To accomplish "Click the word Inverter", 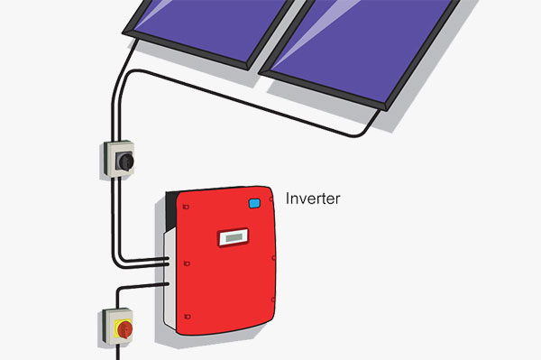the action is point(313,198).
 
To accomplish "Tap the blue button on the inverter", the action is point(254,203).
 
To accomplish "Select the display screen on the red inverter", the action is point(234,237).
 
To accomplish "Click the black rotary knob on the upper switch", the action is point(125,162).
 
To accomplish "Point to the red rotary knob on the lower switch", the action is point(124,329).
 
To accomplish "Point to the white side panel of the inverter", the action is point(170,280).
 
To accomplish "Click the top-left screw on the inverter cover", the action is point(186,207).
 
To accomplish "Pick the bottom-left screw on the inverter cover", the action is point(188,317).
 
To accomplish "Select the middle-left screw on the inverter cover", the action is point(187,263).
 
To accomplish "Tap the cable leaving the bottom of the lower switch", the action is point(117,352).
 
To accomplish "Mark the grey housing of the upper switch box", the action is point(119,159).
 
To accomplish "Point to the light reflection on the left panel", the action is point(153,14).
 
